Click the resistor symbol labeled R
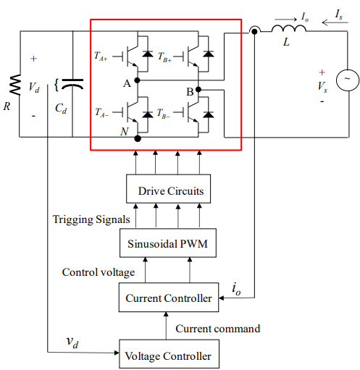click(x=15, y=85)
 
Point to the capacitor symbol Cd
click(x=72, y=84)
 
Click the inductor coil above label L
click(x=289, y=28)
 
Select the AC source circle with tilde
click(x=348, y=80)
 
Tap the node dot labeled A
click(x=137, y=80)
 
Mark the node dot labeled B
click(x=198, y=90)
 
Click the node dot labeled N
click(x=138, y=138)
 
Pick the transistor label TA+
click(x=101, y=56)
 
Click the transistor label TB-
click(x=163, y=113)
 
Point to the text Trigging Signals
click(x=91, y=219)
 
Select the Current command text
click(x=218, y=329)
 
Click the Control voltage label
click(x=99, y=272)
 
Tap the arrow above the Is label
click(x=335, y=22)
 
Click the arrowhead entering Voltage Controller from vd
click(x=117, y=353)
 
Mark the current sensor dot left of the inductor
click(x=254, y=31)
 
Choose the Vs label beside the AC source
click(x=322, y=87)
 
